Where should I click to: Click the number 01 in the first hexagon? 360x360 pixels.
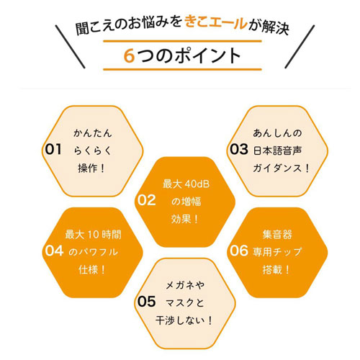[x=53, y=149]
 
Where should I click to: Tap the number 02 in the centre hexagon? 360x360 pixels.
[x=146, y=200]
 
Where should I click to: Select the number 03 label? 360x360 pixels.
[x=239, y=149]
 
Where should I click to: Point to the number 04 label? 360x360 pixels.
[x=54, y=251]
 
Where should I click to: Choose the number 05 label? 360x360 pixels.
[x=146, y=302]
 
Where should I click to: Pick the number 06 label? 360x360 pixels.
[x=239, y=251]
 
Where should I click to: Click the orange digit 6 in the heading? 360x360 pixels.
[x=129, y=55]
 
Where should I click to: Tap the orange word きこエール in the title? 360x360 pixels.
[x=216, y=23]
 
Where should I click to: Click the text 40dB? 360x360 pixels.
[x=197, y=184]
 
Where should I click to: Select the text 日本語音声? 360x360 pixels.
[x=277, y=150]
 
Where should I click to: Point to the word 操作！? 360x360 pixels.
[x=91, y=168]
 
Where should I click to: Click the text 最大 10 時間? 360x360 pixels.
[x=93, y=235]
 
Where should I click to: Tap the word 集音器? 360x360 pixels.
[x=277, y=235]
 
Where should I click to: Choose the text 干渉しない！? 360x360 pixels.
[x=184, y=320]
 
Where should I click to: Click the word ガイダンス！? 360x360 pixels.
[x=281, y=168]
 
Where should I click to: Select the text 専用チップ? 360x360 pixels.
[x=277, y=252]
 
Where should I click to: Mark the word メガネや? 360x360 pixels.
[x=185, y=285]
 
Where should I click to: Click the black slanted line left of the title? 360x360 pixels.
[x=70, y=47]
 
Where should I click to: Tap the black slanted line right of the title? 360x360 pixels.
[x=300, y=47]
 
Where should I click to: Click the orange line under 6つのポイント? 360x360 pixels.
[x=182, y=69]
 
